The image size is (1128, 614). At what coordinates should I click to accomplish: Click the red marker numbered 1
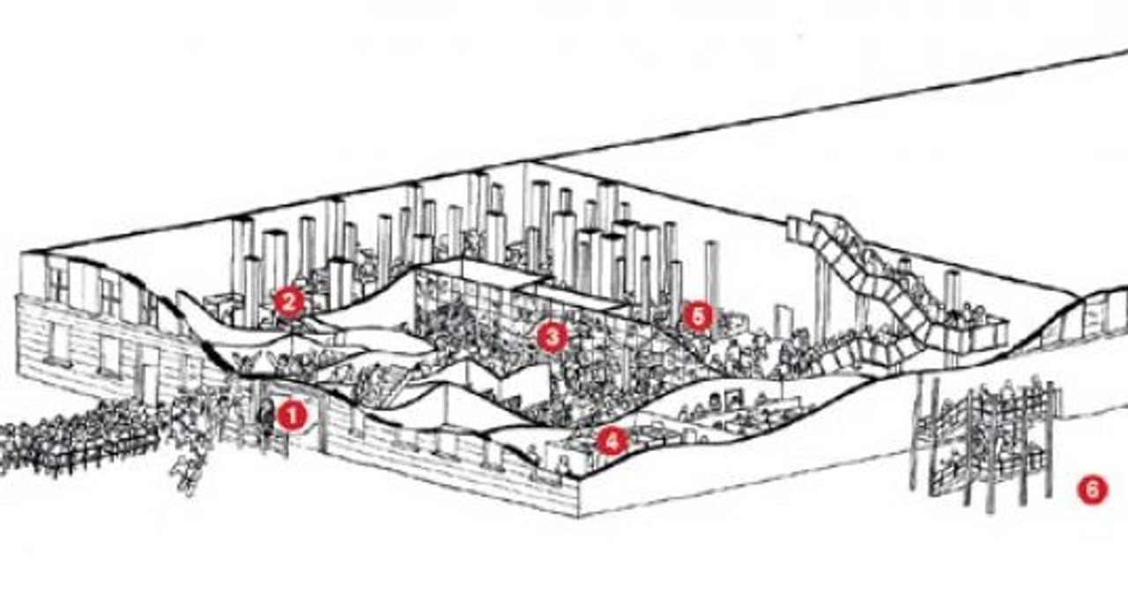click(x=292, y=416)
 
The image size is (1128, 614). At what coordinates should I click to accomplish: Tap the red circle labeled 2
click(x=288, y=302)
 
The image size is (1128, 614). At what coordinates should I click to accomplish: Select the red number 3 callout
click(x=552, y=337)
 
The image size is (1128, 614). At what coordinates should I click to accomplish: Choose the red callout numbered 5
click(x=698, y=317)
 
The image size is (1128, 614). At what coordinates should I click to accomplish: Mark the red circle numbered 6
click(x=1092, y=490)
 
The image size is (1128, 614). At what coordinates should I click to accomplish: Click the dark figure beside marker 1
click(x=265, y=418)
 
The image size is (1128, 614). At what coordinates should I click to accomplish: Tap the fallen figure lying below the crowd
click(x=188, y=476)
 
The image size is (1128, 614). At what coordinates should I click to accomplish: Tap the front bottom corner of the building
click(x=579, y=517)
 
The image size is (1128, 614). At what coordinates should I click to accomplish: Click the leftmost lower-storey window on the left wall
click(x=59, y=342)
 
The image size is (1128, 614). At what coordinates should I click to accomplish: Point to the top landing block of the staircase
click(x=801, y=229)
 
